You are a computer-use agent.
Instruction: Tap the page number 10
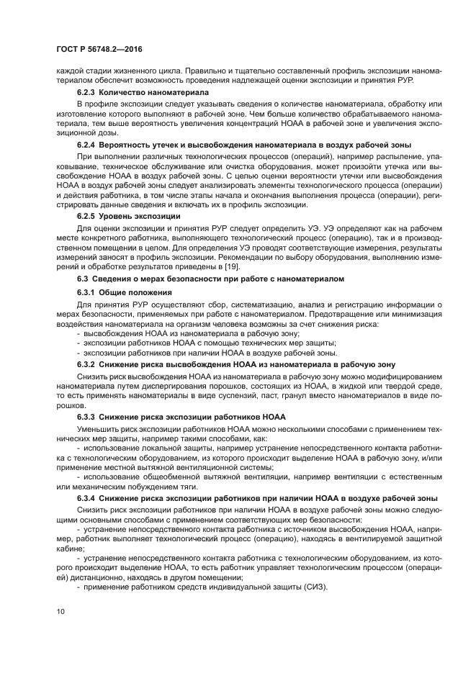coord(60,612)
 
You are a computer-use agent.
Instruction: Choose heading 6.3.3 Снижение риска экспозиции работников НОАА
coord(181,417)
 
